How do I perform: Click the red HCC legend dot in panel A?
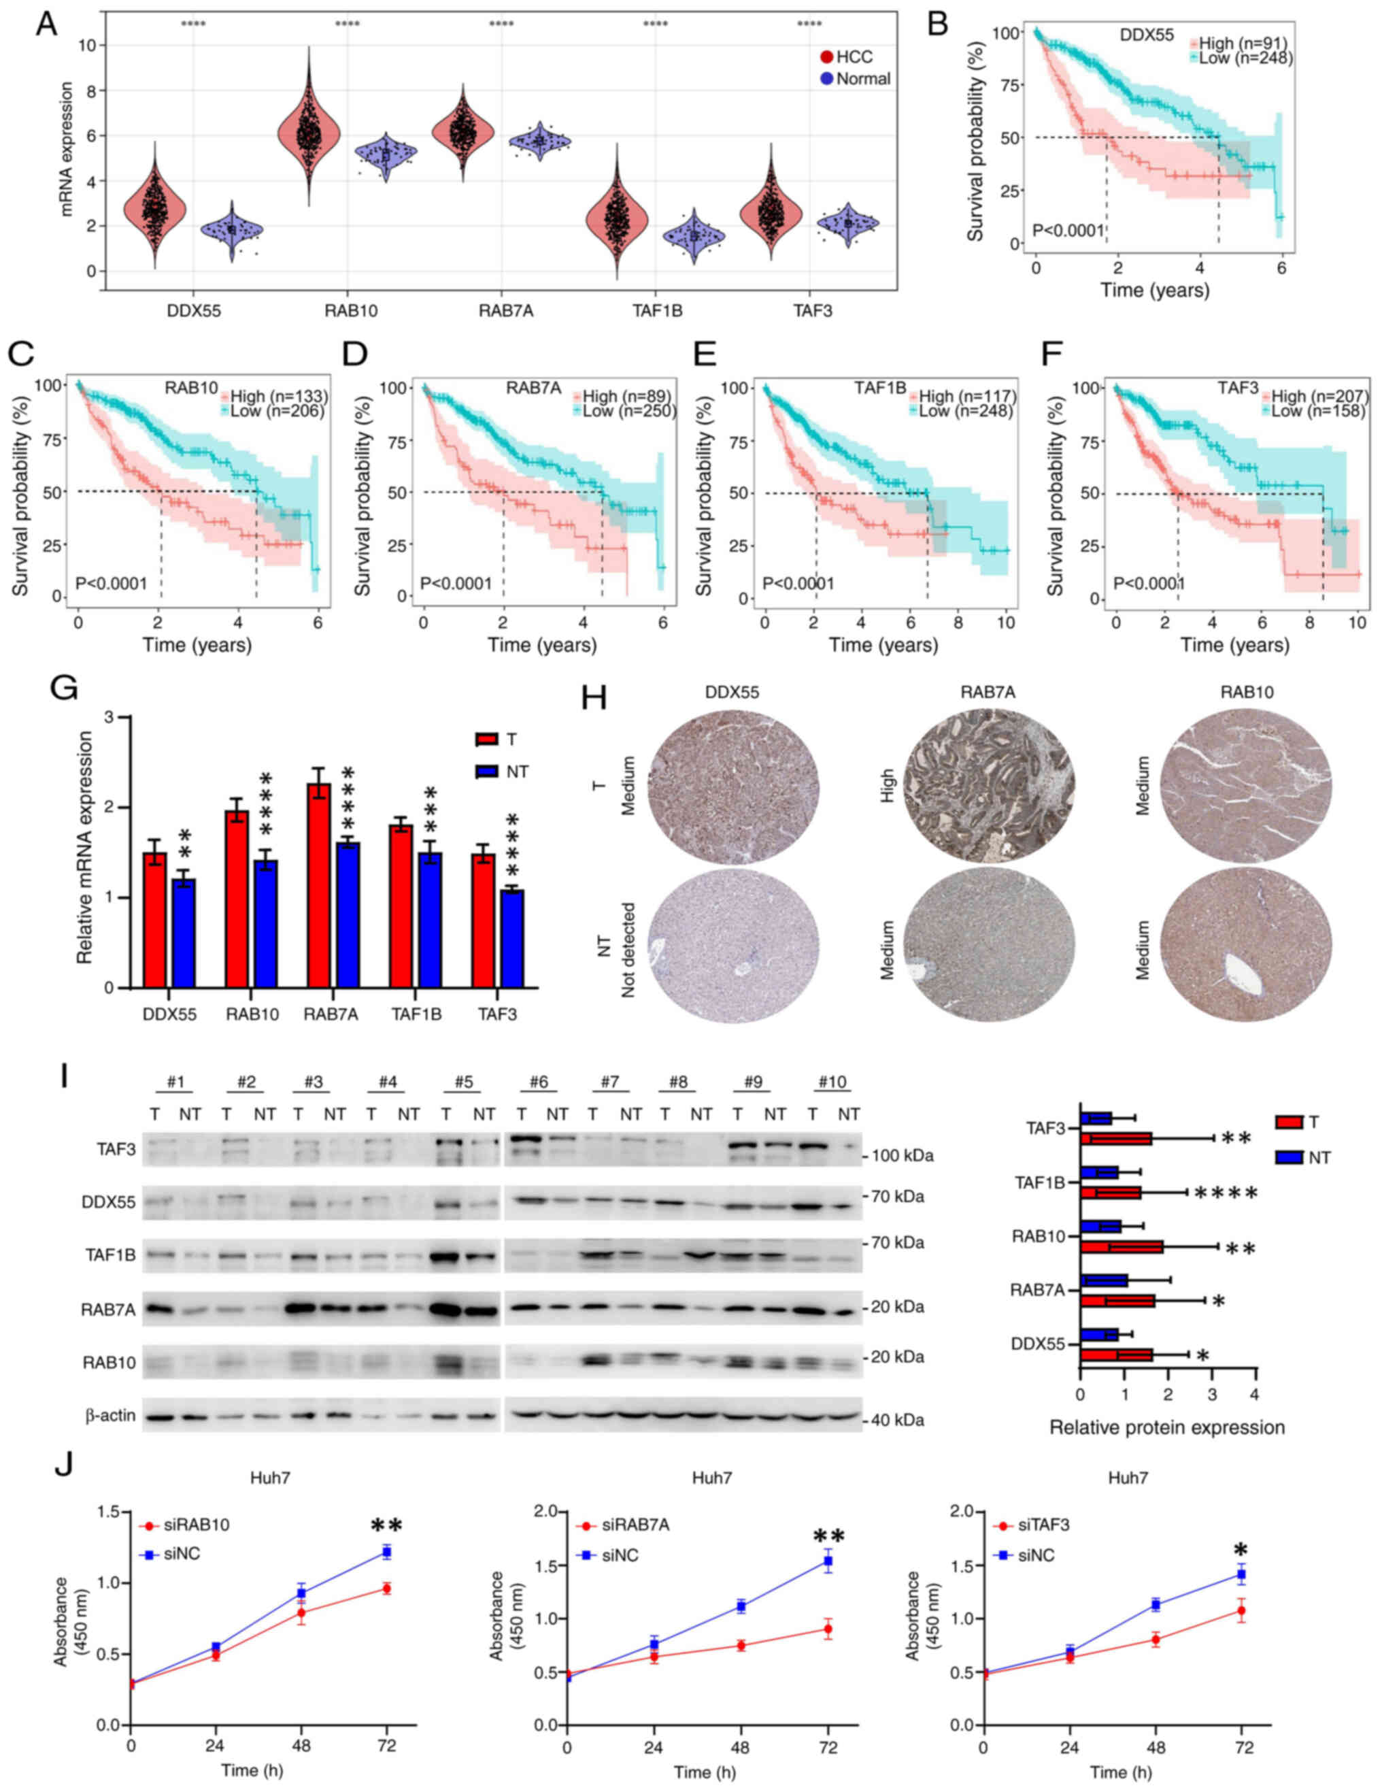click(826, 56)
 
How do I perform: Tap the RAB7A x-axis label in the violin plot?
click(505, 311)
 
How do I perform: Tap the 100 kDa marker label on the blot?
click(898, 1156)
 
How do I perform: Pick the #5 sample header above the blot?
click(464, 1082)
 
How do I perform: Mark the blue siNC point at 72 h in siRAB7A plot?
click(828, 1561)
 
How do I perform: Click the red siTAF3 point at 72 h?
click(1242, 1611)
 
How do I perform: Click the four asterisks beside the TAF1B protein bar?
click(1226, 1193)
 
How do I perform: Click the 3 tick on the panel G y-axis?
click(108, 718)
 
